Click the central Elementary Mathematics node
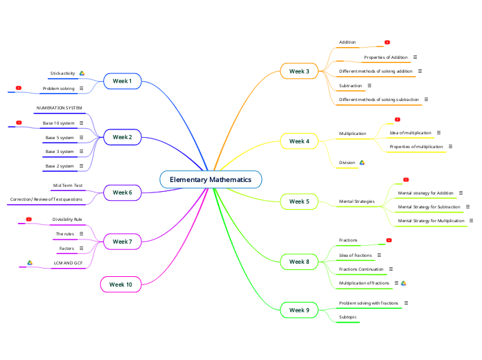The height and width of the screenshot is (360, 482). point(211,180)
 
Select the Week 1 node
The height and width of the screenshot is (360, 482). point(122,81)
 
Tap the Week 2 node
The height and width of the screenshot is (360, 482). point(122,137)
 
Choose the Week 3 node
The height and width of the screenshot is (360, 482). point(299,71)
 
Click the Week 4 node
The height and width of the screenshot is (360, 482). point(299,141)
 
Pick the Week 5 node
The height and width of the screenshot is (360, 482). point(299,201)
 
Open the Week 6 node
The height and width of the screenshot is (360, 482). point(122,192)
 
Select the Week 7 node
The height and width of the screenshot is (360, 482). point(122,242)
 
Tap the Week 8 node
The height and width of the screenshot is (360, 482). point(299,262)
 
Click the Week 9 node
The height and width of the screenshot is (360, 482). point(299,310)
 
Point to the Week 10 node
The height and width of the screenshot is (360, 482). point(120,285)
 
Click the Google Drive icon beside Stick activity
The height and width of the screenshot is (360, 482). point(82,73)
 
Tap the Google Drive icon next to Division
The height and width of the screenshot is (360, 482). point(361,163)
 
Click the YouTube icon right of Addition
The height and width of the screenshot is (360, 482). point(387,42)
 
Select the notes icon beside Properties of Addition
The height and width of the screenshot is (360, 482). point(415,57)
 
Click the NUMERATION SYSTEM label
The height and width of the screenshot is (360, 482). point(59,108)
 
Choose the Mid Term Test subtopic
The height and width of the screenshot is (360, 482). point(68,186)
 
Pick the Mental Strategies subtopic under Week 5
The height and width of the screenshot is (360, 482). point(357,201)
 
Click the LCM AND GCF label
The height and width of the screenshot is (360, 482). point(68,263)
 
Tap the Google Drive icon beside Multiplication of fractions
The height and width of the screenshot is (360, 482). point(403,283)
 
